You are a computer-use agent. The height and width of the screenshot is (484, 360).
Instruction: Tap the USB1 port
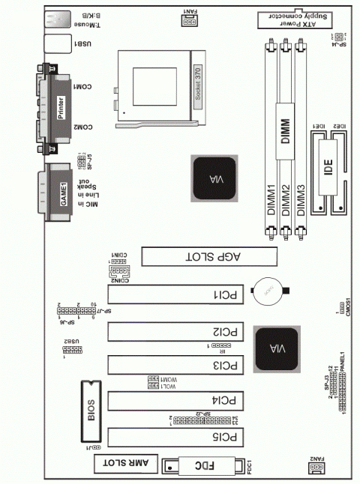(55, 45)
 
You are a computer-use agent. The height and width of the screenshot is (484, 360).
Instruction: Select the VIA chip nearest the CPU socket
(214, 178)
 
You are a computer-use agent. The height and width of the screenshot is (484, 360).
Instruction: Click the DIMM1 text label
(271, 200)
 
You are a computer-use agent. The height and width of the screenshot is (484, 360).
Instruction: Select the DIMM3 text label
(301, 200)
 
